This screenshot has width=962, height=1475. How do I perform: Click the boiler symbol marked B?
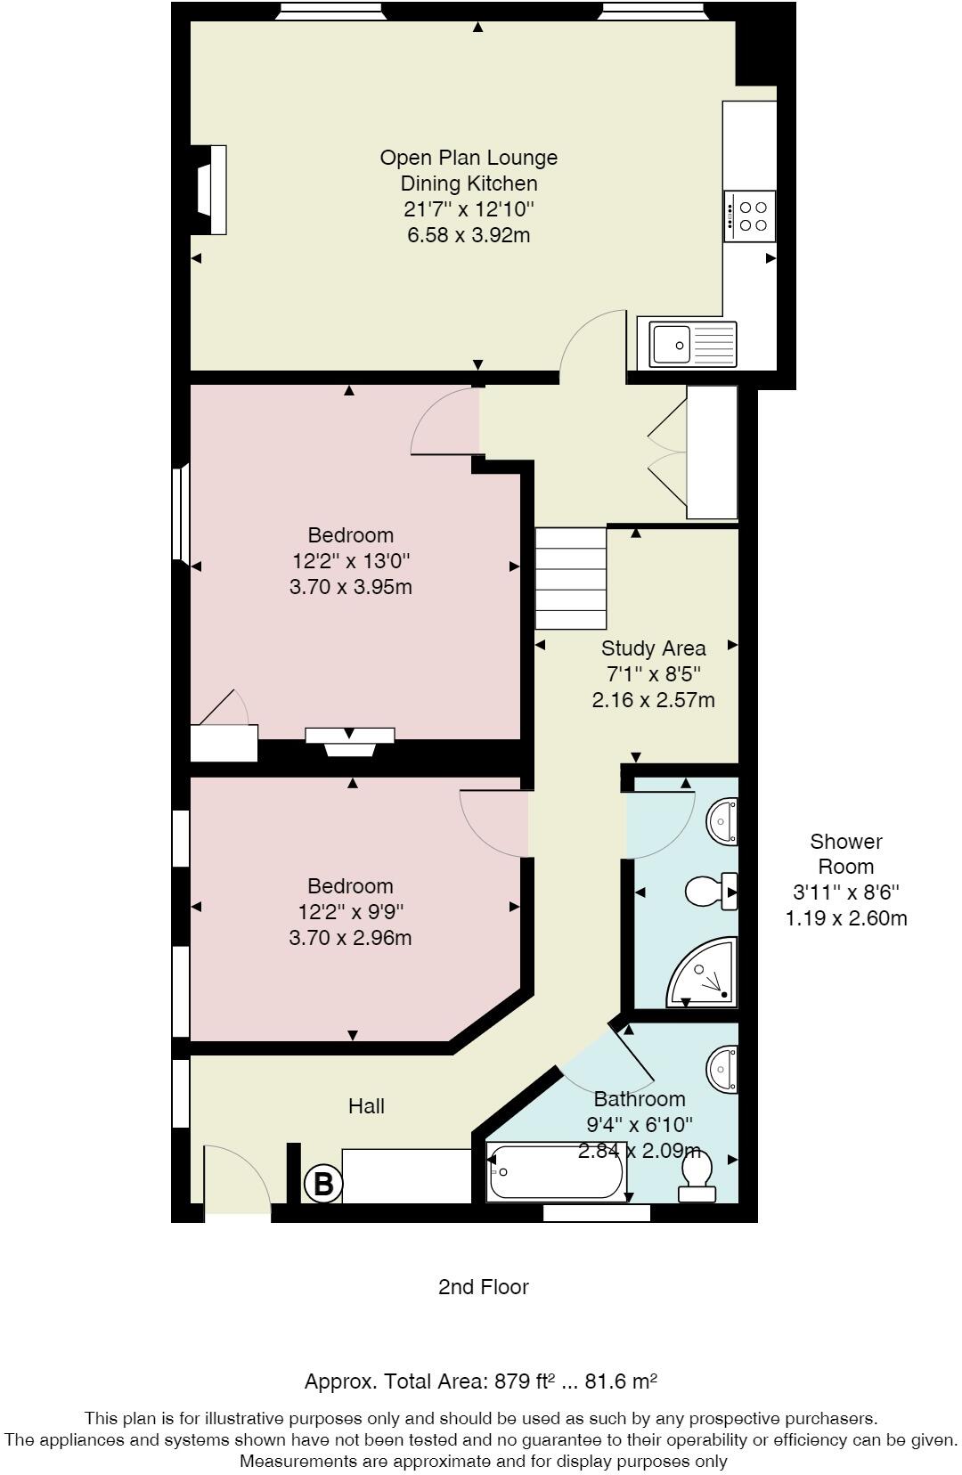tap(323, 1184)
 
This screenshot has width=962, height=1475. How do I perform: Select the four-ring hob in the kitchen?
tap(750, 216)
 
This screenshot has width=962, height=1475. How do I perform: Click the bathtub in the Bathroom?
tap(556, 1172)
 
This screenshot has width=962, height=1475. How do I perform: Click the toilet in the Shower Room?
tap(711, 891)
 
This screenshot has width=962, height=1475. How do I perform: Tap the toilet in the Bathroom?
tap(697, 1174)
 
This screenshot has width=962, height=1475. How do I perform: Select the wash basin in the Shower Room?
tap(723, 820)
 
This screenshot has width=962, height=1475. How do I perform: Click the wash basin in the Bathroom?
tap(723, 1068)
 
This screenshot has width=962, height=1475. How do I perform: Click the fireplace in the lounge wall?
tap(210, 190)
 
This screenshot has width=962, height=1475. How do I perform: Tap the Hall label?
tap(366, 1106)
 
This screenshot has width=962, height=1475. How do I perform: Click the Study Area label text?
tap(653, 648)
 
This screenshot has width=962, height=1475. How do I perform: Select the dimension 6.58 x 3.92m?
tap(469, 235)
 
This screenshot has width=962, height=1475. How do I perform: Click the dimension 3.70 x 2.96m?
tap(350, 938)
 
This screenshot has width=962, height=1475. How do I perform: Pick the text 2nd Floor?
tap(483, 1287)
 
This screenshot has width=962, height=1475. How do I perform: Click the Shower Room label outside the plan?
tap(845, 853)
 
